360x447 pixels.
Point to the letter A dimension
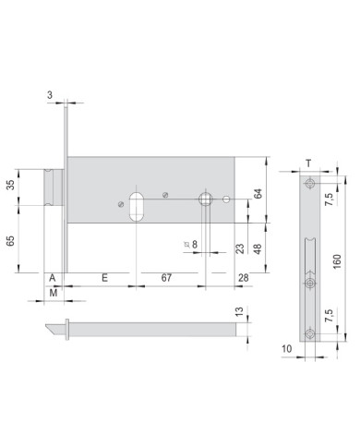(54, 277)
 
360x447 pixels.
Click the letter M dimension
(54, 293)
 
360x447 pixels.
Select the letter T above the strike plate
(306, 164)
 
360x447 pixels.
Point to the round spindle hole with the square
(205, 199)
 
